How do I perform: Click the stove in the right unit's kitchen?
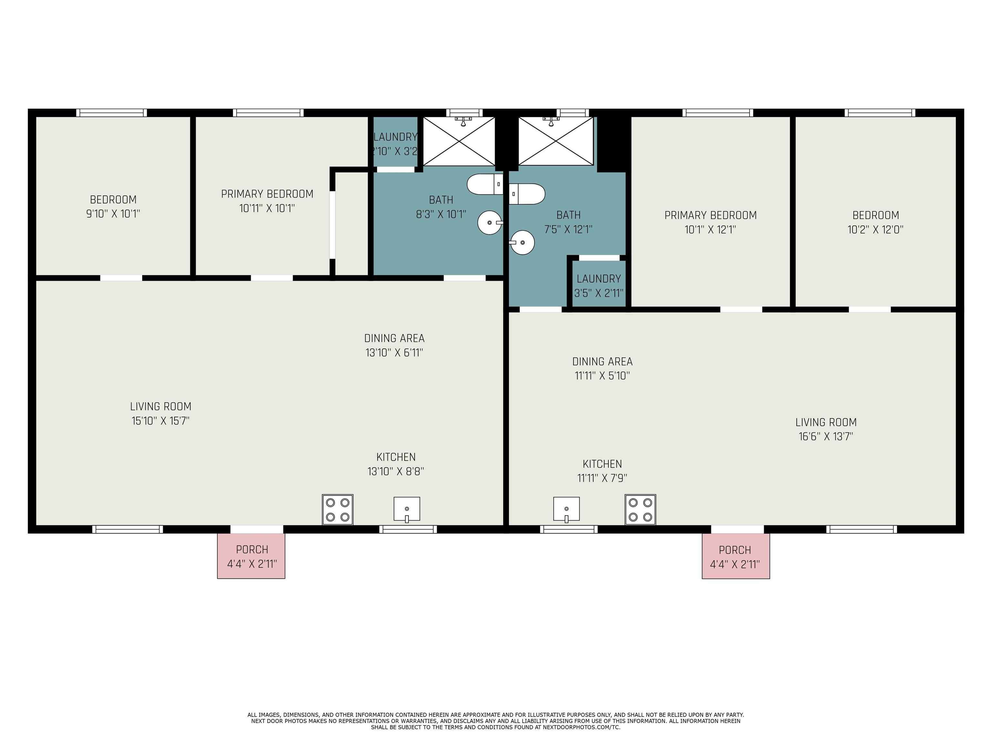640,510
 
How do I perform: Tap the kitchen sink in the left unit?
407,510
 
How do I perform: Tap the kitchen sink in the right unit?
566,510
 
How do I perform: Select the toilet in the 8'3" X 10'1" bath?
485,184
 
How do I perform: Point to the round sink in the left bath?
490,222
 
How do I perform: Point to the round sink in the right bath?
522,243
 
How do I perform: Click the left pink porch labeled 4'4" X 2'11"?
251,556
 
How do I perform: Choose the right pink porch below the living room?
736,556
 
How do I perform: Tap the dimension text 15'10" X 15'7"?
160,421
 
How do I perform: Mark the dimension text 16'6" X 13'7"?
826,436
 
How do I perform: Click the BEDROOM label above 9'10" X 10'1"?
113,200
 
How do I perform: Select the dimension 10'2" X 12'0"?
875,230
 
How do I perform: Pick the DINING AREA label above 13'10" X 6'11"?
394,338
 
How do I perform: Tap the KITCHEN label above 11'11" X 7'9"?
602,464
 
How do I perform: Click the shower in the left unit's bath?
459,141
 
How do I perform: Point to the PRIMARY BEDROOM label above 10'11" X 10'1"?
267,194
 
